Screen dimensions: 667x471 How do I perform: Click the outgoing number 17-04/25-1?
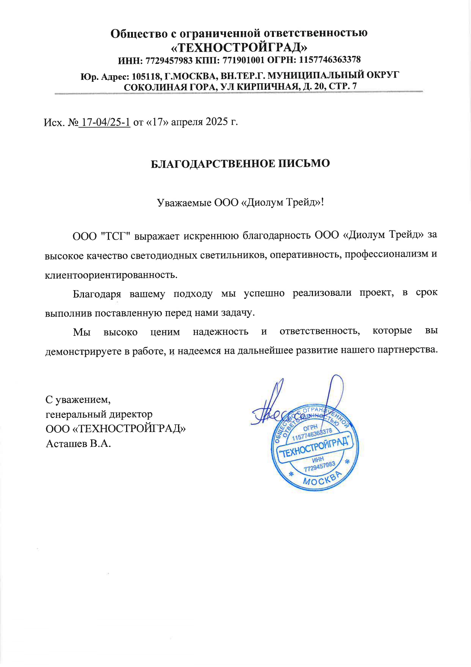click(x=106, y=122)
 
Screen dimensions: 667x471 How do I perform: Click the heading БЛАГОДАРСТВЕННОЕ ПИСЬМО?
click(x=240, y=164)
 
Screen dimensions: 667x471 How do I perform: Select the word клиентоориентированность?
click(x=111, y=275)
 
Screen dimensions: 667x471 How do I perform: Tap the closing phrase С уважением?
click(x=78, y=400)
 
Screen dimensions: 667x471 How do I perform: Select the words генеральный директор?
click(x=99, y=414)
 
